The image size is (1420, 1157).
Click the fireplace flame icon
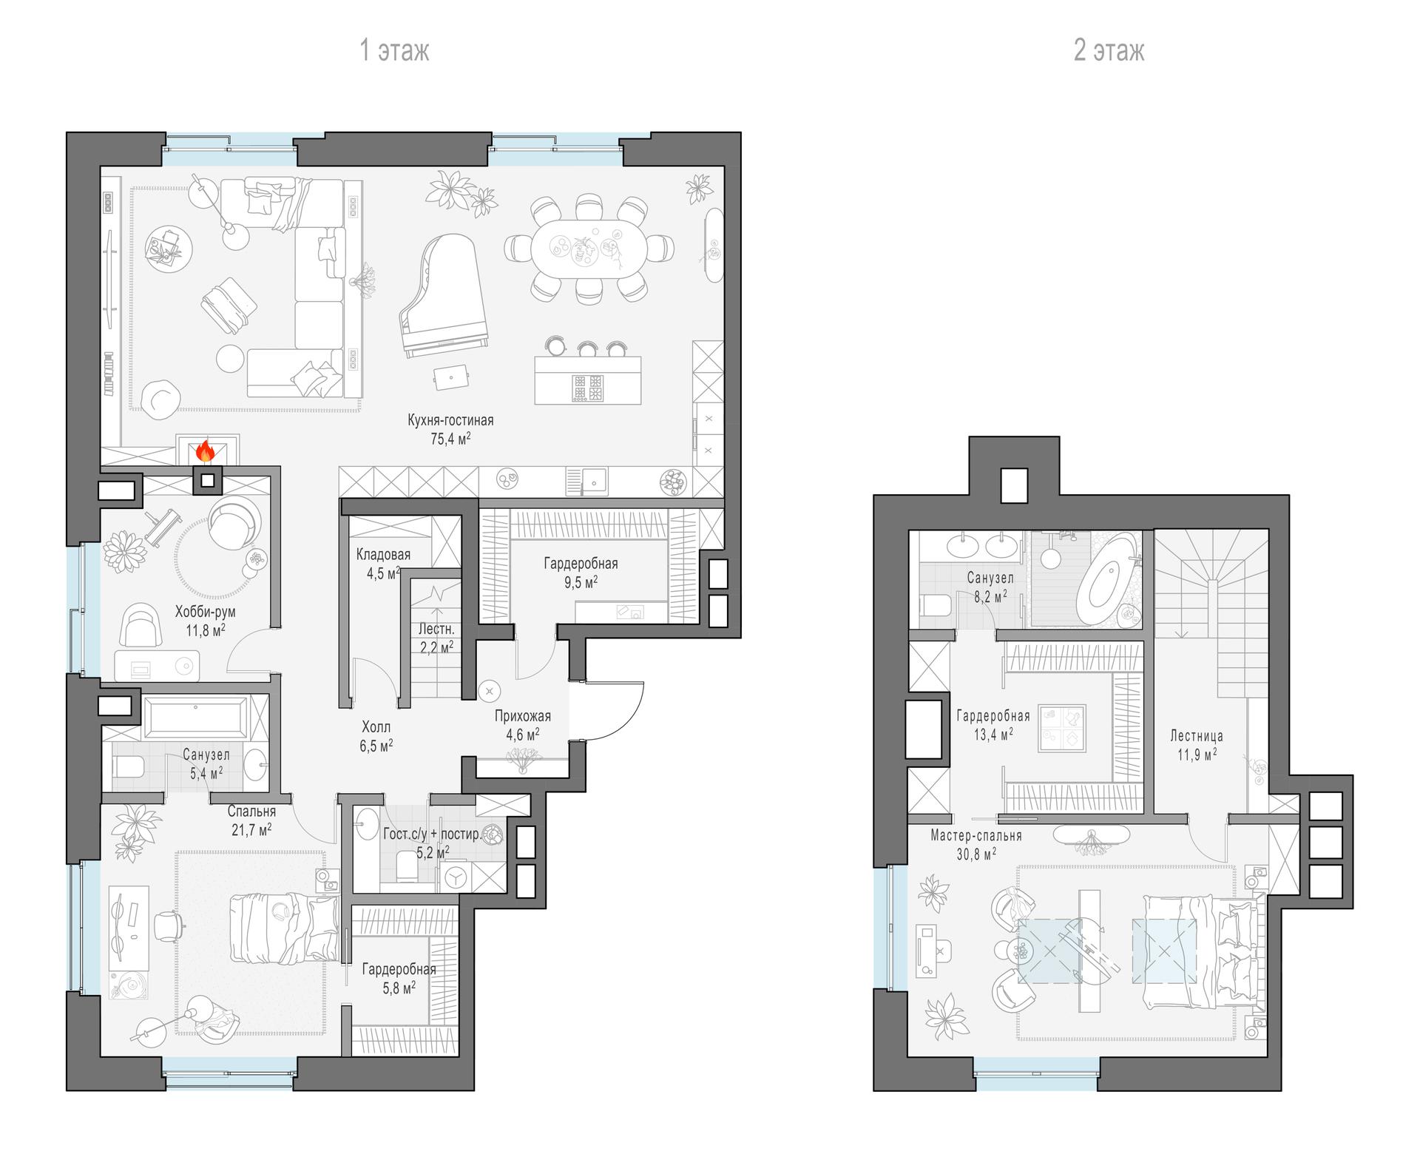pyautogui.click(x=205, y=451)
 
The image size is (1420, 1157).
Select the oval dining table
pyautogui.click(x=589, y=249)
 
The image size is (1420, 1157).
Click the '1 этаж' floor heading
pyautogui.click(x=394, y=50)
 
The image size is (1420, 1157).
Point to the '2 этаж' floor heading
pyautogui.click(x=1109, y=50)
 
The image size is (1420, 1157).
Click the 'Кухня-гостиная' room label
pyautogui.click(x=450, y=420)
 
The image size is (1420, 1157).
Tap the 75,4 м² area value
pyautogui.click(x=451, y=439)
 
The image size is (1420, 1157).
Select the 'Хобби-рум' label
pyautogui.click(x=206, y=612)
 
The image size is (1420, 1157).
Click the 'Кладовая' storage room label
pyautogui.click(x=383, y=554)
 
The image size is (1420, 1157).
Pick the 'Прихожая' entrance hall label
pyautogui.click(x=523, y=715)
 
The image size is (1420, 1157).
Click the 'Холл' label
pyautogui.click(x=376, y=727)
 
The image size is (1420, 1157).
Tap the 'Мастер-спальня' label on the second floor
pyautogui.click(x=976, y=835)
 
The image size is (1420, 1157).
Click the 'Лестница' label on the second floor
pyautogui.click(x=1197, y=735)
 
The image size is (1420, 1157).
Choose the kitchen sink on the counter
pyautogui.click(x=587, y=482)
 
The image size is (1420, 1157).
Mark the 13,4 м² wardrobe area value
pyautogui.click(x=993, y=734)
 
